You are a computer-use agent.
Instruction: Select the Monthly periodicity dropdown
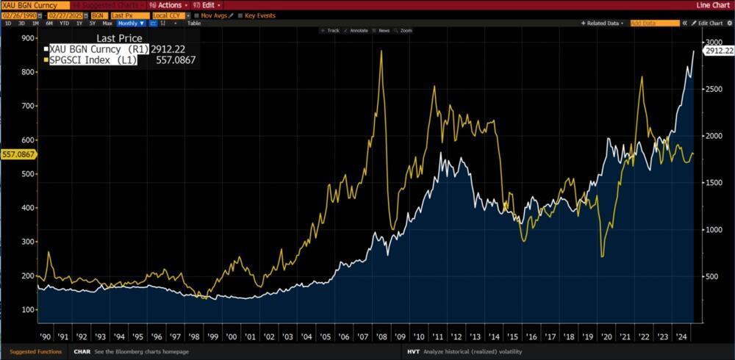coord(132,23)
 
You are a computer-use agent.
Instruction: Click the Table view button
coord(194,23)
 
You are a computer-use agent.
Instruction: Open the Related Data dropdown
coord(610,23)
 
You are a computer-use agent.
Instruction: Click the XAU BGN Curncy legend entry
coord(96,49)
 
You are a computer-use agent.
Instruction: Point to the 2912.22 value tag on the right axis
coord(719,51)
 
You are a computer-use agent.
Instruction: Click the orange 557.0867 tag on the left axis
coord(17,154)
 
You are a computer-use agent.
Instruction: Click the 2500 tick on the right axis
coord(715,89)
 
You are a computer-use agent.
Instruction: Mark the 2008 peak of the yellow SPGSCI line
coord(381,51)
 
